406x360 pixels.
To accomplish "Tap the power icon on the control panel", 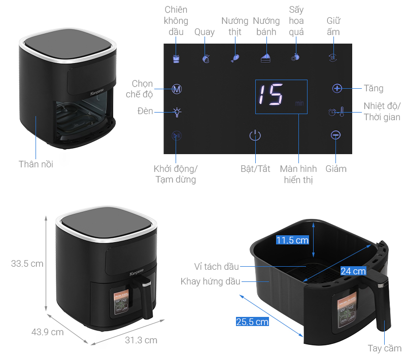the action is (255, 135).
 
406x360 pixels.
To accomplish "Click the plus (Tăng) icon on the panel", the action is (337, 88).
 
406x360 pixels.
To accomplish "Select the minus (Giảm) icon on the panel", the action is (335, 135).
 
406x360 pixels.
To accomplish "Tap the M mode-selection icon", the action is (177, 89).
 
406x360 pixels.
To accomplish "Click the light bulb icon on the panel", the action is (177, 112).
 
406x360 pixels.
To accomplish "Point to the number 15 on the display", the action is (270, 95).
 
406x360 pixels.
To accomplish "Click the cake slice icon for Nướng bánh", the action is (265, 58).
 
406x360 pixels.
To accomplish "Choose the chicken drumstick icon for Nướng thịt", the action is (235, 58).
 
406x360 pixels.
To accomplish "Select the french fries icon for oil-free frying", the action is (176, 59).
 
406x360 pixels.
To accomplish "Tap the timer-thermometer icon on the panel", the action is (336, 112).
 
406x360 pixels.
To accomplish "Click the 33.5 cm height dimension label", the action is (27, 264).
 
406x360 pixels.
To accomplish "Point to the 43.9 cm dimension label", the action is (48, 332).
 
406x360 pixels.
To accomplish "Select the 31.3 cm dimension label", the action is (141, 340).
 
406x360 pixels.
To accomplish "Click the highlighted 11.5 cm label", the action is (292, 240).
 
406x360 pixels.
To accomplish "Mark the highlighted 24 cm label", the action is (353, 271).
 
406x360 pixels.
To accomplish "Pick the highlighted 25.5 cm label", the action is (252, 322).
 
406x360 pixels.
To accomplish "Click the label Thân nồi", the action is (36, 164).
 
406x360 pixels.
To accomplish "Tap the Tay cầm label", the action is (385, 348).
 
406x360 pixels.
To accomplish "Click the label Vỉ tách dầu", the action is (217, 267).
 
